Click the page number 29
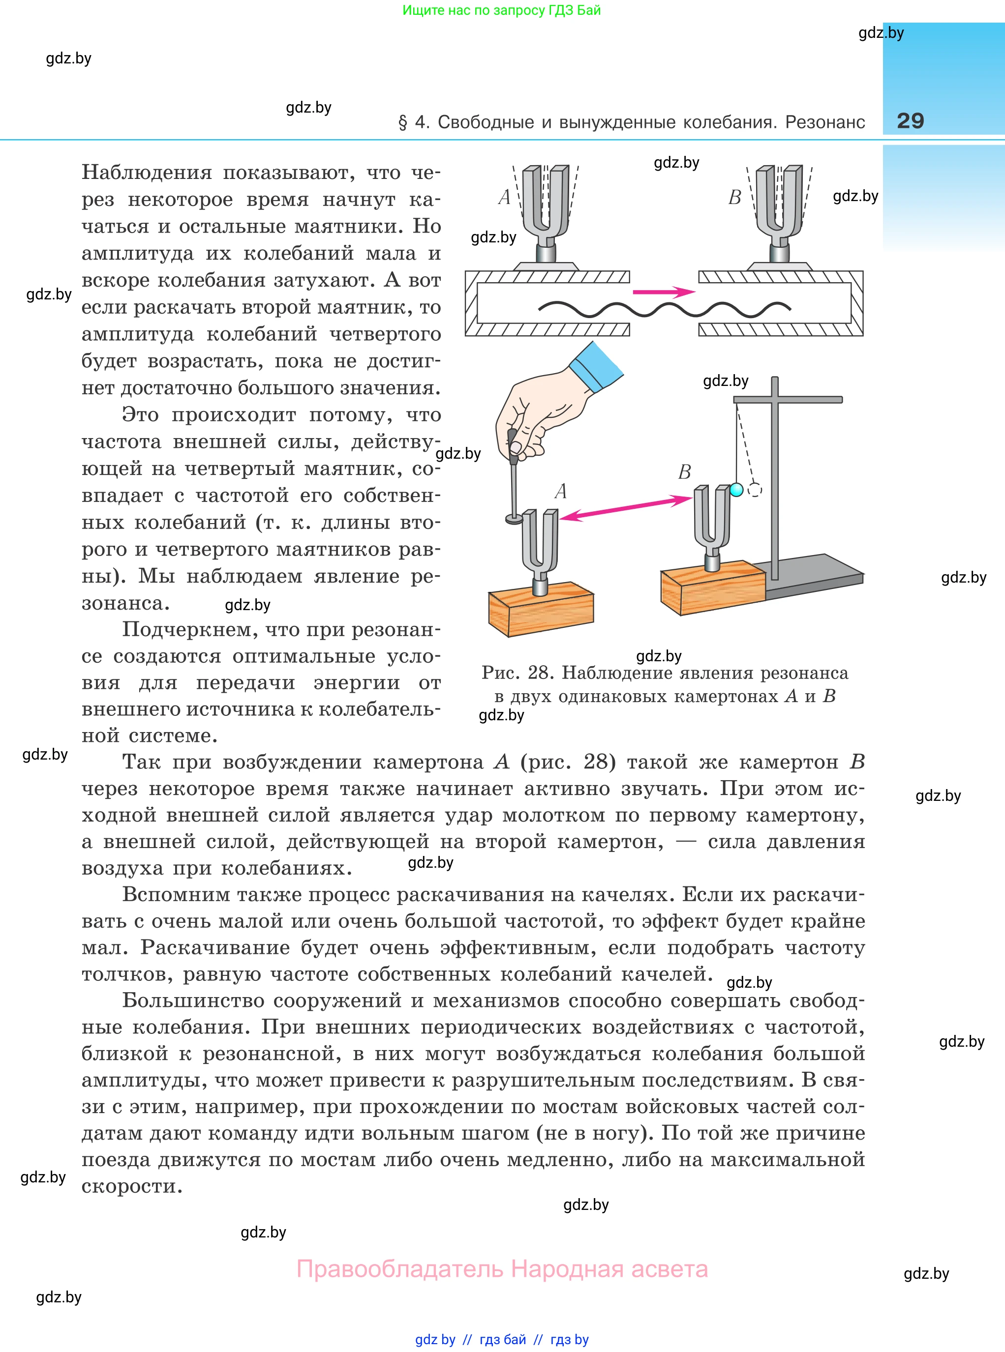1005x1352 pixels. (910, 120)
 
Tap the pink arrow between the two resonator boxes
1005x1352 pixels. (663, 292)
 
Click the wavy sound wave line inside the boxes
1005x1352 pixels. (663, 310)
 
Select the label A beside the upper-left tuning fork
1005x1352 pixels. (504, 197)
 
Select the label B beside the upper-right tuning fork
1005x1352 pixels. (735, 198)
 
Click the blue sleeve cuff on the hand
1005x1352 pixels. (595, 365)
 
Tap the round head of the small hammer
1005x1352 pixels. (515, 519)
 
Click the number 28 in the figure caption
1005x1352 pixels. (538, 673)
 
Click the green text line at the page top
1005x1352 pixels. (501, 10)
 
